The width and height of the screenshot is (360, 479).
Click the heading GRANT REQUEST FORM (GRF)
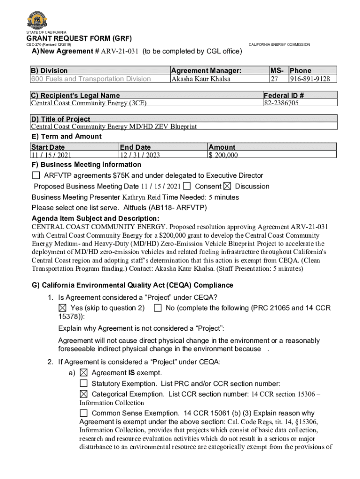79,38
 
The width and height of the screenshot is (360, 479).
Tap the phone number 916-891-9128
312,79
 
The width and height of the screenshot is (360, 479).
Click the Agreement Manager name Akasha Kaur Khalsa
201,79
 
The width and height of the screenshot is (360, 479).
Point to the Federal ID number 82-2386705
281,103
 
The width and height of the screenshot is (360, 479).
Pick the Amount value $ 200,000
223,155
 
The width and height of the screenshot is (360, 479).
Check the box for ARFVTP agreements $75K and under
36,175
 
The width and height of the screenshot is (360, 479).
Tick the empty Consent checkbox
187,186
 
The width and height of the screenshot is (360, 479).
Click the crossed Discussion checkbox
227,186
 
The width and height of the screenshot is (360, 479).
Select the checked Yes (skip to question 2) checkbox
63,308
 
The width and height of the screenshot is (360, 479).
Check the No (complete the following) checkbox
158,308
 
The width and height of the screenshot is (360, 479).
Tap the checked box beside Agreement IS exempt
83,373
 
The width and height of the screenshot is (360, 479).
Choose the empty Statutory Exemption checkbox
83,384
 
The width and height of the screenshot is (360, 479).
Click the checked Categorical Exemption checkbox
83,394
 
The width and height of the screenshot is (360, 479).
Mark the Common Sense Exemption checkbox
83,413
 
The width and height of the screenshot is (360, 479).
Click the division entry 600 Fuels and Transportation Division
91,79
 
